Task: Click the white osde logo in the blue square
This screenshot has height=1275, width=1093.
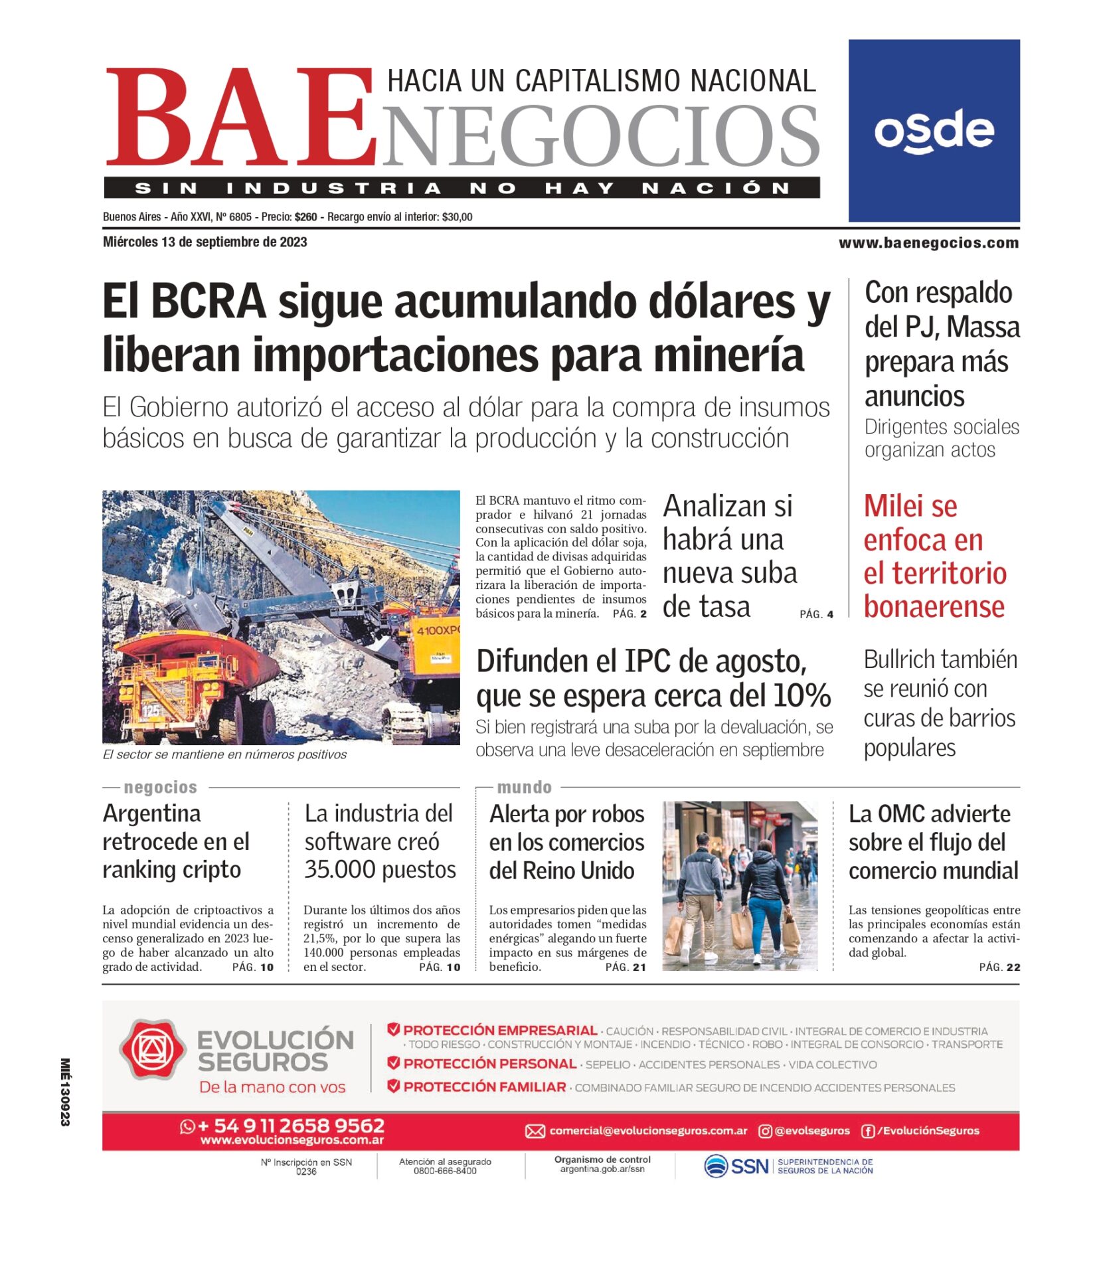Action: tap(934, 131)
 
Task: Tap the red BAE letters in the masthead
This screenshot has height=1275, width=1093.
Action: tap(239, 117)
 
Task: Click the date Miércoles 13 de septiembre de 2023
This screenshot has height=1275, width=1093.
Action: tap(205, 242)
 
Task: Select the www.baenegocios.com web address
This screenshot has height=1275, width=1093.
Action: tap(928, 243)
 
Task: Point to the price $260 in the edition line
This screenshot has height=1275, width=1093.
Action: tap(306, 217)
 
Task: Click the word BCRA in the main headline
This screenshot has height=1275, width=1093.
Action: tap(209, 302)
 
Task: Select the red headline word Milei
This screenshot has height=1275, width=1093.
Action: tap(910, 506)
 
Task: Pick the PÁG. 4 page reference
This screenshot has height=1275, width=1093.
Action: tap(816, 614)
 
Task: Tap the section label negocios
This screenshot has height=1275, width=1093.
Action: tap(161, 788)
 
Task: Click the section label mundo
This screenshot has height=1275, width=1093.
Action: tap(524, 788)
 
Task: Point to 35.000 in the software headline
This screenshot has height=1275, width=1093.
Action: tap(337, 869)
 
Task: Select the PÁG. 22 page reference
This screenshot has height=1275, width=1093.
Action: tap(999, 967)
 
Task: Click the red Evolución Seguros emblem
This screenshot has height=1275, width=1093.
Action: tap(152, 1050)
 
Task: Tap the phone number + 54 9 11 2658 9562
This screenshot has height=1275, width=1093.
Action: tap(291, 1126)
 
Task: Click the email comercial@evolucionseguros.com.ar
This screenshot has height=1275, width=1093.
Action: tap(648, 1131)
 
